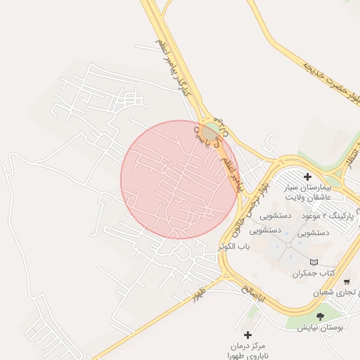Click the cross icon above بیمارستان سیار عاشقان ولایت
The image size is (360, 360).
(x=307, y=176)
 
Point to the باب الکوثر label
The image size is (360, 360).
(x=234, y=247)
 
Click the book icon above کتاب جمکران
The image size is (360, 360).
(x=314, y=262)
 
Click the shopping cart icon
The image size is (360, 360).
(x=347, y=281)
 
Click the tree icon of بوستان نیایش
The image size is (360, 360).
(x=321, y=316)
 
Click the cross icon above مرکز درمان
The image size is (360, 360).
(x=247, y=335)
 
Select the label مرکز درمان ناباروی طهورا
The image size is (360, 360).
(x=247, y=351)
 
